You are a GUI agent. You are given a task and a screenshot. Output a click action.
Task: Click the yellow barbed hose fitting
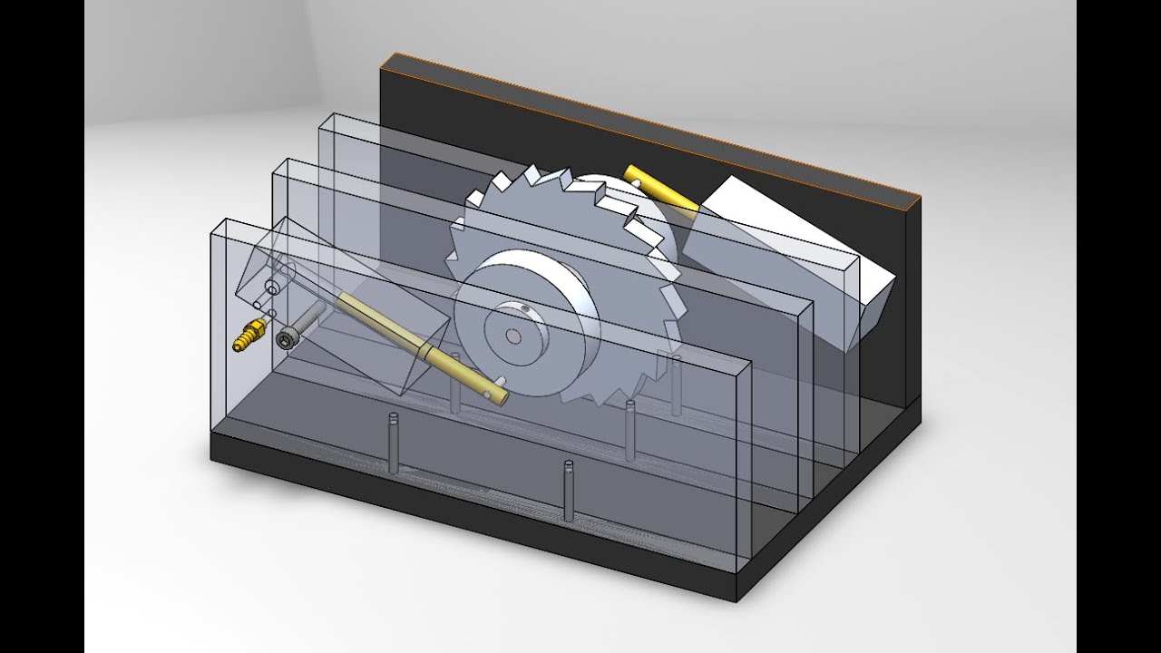point(248,337)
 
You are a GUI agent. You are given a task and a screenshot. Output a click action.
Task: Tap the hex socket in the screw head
point(287,340)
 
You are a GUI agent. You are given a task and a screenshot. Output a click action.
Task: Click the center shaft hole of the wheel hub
point(513,336)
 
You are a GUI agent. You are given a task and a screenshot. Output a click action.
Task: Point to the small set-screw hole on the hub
point(527,309)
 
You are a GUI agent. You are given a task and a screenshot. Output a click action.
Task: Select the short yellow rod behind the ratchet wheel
point(660,188)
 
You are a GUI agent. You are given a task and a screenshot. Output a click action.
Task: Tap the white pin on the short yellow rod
point(639,183)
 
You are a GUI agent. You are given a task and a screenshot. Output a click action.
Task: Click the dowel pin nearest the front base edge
point(569,490)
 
